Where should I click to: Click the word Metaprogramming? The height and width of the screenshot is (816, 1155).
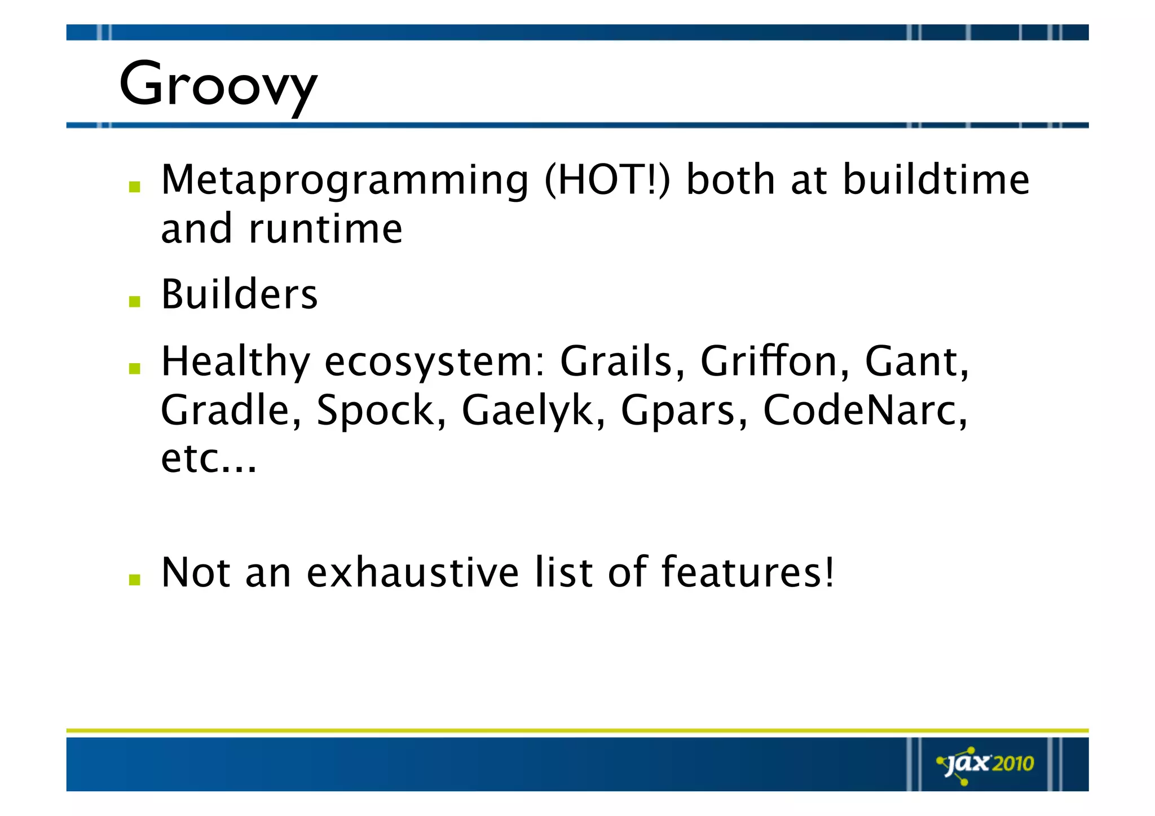click(x=345, y=181)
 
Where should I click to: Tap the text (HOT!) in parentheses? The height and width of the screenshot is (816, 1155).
click(x=607, y=180)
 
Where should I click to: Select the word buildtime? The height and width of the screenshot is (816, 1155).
click(x=936, y=180)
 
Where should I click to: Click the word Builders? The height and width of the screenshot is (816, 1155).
click(x=239, y=294)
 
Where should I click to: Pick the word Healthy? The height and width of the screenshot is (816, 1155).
click(x=235, y=363)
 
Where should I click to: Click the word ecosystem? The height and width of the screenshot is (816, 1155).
click(x=434, y=363)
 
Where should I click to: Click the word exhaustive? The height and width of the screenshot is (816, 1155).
click(x=412, y=572)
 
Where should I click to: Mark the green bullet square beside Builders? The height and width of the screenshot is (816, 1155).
click(x=134, y=302)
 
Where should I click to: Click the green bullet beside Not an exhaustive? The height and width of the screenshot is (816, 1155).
click(x=134, y=580)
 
